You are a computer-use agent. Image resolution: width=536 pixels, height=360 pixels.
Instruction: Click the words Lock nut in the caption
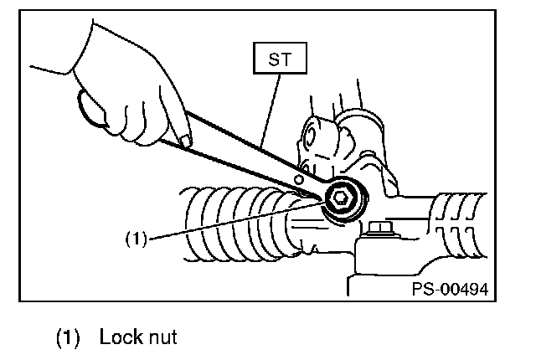pos(137,338)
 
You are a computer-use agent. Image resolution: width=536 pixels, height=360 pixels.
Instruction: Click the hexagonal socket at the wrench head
pos(341,198)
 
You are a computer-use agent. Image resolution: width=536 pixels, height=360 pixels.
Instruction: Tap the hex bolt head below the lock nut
pos(379,227)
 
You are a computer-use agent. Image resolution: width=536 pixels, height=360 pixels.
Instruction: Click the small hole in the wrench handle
pos(298,178)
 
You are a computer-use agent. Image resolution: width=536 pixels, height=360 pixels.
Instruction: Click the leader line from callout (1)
pos(234,219)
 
